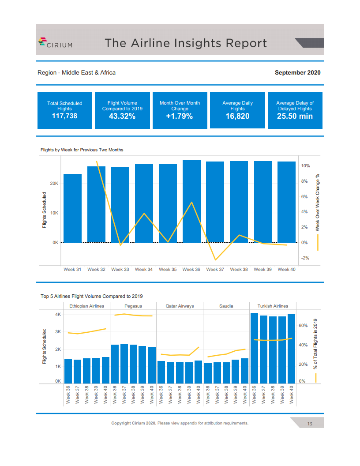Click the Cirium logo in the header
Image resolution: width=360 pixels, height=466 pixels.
coord(55,43)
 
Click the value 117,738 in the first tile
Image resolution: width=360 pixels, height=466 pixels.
coord(64,116)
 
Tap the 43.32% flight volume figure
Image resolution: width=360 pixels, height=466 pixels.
coord(122,116)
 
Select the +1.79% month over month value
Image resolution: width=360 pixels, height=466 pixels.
coord(180,116)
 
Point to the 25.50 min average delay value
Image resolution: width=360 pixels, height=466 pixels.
coord(295,116)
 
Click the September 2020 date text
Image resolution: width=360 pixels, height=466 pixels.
coord(297,72)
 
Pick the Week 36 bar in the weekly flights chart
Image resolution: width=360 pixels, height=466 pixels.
coord(191,201)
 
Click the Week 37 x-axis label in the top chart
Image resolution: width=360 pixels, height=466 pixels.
coord(215,269)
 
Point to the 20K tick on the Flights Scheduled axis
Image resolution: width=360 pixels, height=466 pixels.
coord(54,183)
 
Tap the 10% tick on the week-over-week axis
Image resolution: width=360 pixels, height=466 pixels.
coord(305,166)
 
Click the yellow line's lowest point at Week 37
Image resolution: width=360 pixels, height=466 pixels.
coord(215,260)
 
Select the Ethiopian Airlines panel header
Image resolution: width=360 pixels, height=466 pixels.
coord(87,306)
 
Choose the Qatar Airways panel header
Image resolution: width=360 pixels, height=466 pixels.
coord(180,306)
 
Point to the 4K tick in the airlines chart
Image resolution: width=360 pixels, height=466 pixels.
coord(58,315)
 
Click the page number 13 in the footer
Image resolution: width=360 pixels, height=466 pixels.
coord(310,424)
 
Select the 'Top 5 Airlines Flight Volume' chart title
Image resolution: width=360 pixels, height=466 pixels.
coord(92,296)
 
